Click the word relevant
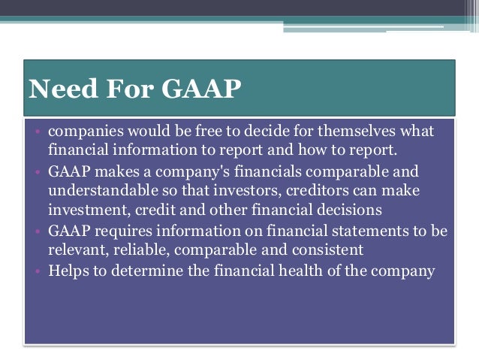click(77, 250)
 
